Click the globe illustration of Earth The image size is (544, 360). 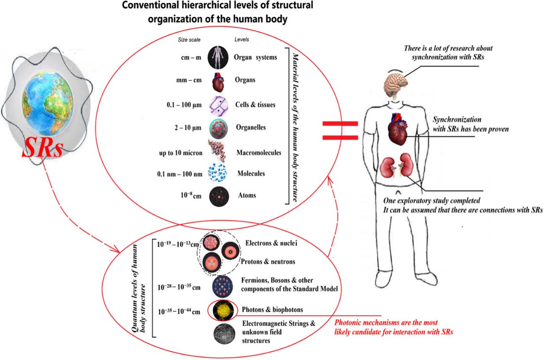click(x=47, y=102)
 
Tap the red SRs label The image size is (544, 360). click(x=43, y=148)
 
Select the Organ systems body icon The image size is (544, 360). click(x=218, y=58)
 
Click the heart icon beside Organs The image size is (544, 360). click(x=218, y=82)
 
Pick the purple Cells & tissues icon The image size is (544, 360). click(x=219, y=106)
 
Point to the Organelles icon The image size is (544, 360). click(x=219, y=129)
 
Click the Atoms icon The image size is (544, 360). click(x=219, y=196)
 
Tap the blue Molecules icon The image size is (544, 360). click(x=218, y=172)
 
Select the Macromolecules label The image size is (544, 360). click(x=259, y=153)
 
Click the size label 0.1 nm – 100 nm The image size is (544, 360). click(x=179, y=174)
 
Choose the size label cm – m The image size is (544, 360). click(x=191, y=57)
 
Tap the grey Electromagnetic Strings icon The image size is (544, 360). click(x=224, y=334)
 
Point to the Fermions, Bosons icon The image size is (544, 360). click(x=223, y=286)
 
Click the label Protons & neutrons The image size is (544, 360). click(x=268, y=262)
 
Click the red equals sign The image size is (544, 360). click(x=340, y=131)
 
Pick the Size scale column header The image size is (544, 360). click(x=189, y=40)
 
